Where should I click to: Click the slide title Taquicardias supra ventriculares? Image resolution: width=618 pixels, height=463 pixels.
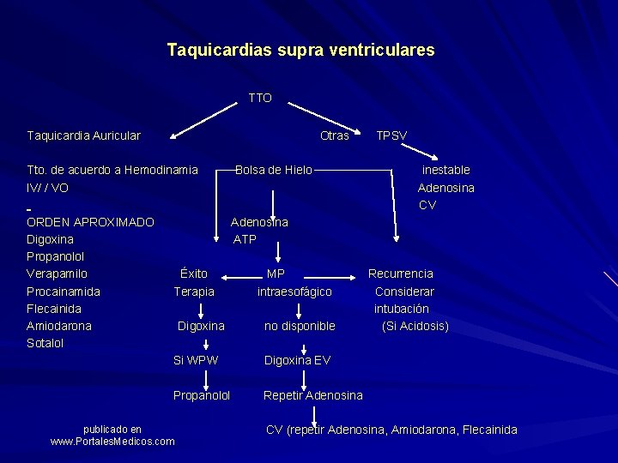[x=300, y=51]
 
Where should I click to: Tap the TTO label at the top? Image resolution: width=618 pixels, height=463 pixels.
[x=260, y=99]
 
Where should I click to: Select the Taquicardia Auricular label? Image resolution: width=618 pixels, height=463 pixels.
[x=84, y=135]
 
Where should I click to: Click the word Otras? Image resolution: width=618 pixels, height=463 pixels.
[x=334, y=135]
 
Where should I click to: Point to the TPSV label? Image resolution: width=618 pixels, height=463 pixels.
[x=391, y=135]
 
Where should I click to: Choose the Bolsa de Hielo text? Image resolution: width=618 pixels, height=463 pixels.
[x=274, y=170]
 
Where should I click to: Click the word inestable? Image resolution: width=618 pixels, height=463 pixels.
[x=445, y=170]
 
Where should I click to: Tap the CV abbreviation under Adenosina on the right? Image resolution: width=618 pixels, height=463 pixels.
[x=427, y=205]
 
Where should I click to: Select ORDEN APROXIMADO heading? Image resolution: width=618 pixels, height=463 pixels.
[x=91, y=222]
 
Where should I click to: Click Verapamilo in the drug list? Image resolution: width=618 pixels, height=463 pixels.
[x=58, y=274]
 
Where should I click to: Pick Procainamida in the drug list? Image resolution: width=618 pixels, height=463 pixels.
[x=64, y=292]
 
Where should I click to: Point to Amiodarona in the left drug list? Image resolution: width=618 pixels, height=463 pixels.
[x=59, y=326]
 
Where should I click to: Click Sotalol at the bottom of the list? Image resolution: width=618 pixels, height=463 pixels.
[x=45, y=343]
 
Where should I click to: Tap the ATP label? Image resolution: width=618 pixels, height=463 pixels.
[x=245, y=239]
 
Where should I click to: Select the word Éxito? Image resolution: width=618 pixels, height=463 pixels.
[x=194, y=274]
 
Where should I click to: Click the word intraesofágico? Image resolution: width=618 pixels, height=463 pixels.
[x=294, y=292]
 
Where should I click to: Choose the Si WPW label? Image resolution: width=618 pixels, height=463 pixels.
[x=196, y=360]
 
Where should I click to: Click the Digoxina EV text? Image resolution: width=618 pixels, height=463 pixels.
[x=297, y=360]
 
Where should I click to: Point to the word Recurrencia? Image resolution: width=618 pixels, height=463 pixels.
[x=401, y=274]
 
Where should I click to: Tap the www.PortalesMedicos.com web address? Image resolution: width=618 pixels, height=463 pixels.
[x=112, y=442]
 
